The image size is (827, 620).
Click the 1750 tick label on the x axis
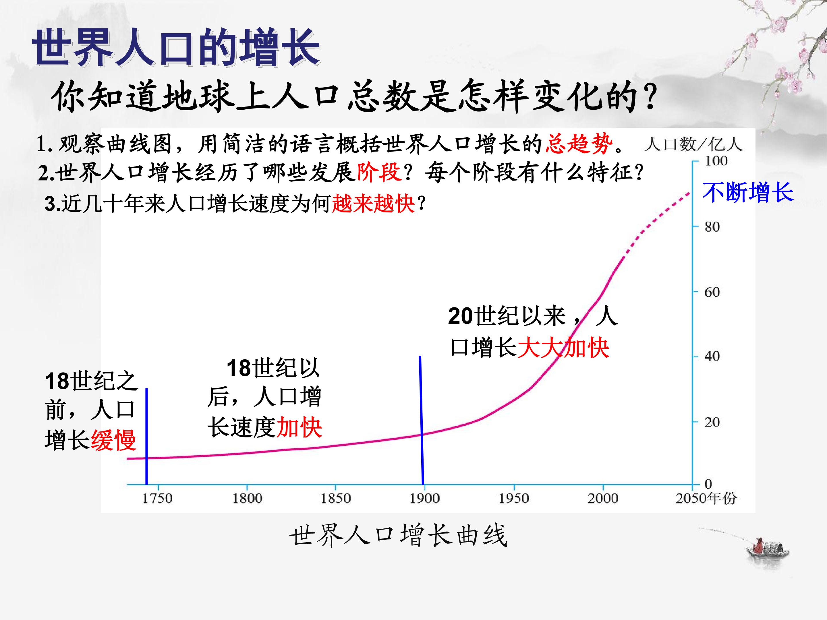pos(157,498)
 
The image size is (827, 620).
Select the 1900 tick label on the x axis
pos(425,498)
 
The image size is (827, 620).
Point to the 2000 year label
pos(603,498)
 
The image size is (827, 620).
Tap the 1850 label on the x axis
pos(336,498)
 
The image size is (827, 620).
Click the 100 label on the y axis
pos(716,161)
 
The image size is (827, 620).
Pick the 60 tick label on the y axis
pos(712,292)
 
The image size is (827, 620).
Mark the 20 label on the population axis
pos(712,422)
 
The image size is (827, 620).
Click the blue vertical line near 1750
pos(146,437)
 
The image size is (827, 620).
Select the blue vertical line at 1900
pos(421,420)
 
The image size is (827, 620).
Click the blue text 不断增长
pos(748,193)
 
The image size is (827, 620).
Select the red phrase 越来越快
pos(373,204)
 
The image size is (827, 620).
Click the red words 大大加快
pos(563,348)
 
